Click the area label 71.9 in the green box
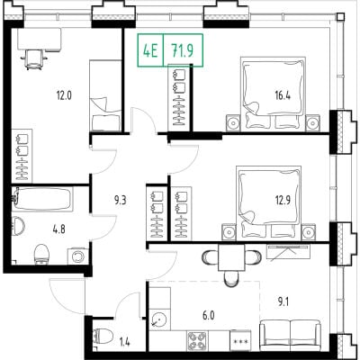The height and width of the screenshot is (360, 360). [183, 50]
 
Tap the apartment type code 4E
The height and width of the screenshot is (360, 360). [150, 50]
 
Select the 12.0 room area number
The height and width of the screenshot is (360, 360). [64, 95]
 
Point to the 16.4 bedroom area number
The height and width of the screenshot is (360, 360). [283, 95]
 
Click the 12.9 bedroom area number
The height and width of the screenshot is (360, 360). [283, 199]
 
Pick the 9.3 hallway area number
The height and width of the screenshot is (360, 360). [120, 200]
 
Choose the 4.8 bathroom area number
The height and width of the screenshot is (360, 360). [58, 230]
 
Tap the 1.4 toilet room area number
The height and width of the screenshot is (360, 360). [124, 342]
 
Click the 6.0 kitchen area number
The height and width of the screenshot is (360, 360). [209, 316]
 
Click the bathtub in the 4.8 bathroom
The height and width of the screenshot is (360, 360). [42, 198]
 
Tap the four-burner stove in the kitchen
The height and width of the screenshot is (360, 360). [197, 340]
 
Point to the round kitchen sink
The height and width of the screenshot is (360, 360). [159, 319]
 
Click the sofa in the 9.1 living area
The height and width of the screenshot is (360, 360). [291, 336]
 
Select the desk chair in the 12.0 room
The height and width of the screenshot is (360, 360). [33, 59]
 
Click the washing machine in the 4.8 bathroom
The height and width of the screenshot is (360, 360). [78, 256]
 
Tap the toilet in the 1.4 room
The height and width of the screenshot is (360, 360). [103, 337]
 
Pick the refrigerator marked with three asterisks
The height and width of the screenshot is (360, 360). [240, 340]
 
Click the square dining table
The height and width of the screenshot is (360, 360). [231, 257]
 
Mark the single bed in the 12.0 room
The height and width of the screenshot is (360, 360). [105, 95]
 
